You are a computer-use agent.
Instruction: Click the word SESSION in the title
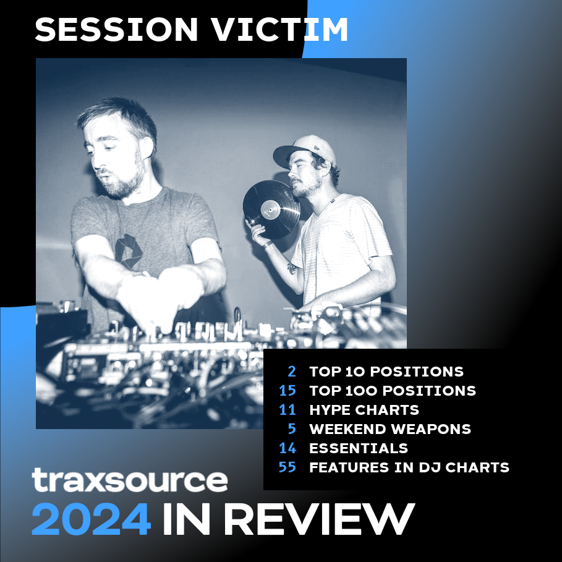pyautogui.click(x=116, y=30)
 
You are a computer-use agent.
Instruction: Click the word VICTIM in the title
pyautogui.click(x=280, y=30)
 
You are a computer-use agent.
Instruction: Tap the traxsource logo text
pyautogui.click(x=130, y=480)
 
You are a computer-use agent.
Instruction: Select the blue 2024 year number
pyautogui.click(x=91, y=519)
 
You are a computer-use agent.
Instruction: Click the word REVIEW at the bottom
pyautogui.click(x=321, y=519)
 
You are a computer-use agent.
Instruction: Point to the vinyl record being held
pyautogui.click(x=271, y=209)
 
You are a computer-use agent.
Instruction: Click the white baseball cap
pyautogui.click(x=305, y=150)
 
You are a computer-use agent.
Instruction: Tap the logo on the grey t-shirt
pyautogui.click(x=129, y=251)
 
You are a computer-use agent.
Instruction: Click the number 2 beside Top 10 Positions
pyautogui.click(x=292, y=372)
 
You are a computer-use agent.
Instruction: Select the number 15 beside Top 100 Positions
pyautogui.click(x=287, y=391)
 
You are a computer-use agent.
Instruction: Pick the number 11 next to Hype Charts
pyautogui.click(x=287, y=410)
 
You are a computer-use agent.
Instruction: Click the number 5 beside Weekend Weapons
pyautogui.click(x=292, y=429)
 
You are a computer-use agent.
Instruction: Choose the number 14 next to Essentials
pyautogui.click(x=287, y=448)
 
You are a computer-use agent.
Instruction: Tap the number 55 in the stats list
pyautogui.click(x=287, y=467)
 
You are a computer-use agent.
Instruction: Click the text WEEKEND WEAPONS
pyautogui.click(x=390, y=429)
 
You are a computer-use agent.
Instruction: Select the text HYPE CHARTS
pyautogui.click(x=364, y=410)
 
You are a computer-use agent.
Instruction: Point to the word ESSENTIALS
pyautogui.click(x=359, y=448)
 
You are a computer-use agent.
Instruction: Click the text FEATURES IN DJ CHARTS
pyautogui.click(x=409, y=467)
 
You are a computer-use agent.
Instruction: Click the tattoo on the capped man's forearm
pyautogui.click(x=292, y=268)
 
